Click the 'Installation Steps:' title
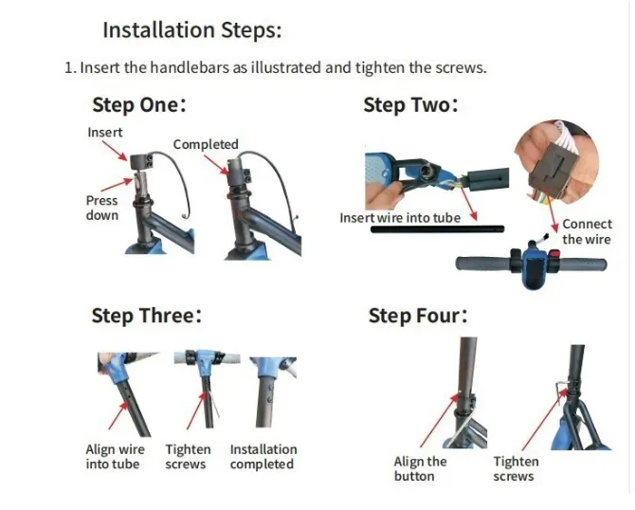point(191,29)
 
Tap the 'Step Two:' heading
point(410,104)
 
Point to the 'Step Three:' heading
point(146,315)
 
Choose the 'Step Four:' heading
point(418,315)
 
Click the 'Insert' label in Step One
point(105,132)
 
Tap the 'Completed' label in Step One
point(206,144)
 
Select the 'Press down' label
point(102,208)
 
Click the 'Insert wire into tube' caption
point(400,218)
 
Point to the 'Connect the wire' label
point(587,231)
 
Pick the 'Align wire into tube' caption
point(113,457)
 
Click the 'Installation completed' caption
point(263,457)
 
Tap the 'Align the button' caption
point(420,468)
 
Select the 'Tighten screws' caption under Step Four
point(516,468)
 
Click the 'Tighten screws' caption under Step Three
point(188,457)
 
